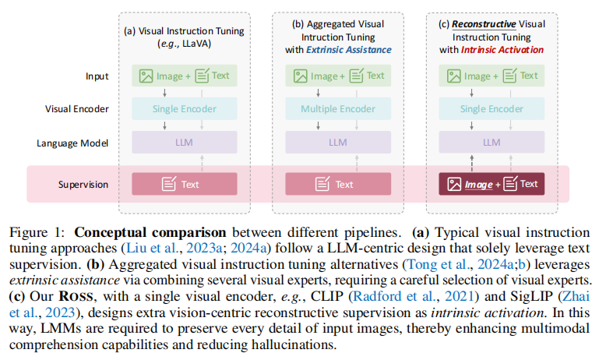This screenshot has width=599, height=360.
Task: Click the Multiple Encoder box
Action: [338, 109]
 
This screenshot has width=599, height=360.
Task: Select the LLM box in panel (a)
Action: [185, 143]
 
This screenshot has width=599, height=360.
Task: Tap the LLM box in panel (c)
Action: [492, 143]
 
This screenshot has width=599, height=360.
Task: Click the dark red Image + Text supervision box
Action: [492, 184]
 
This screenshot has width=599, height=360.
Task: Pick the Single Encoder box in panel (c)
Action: [492, 109]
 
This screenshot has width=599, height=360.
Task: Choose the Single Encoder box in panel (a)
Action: [185, 109]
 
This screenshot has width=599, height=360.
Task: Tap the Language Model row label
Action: [72, 143]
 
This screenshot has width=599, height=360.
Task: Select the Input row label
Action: [97, 76]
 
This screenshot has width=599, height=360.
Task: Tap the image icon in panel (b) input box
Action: [300, 76]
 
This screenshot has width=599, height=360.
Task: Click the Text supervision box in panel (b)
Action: [338, 184]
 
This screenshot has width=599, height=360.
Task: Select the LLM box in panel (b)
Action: [338, 143]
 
